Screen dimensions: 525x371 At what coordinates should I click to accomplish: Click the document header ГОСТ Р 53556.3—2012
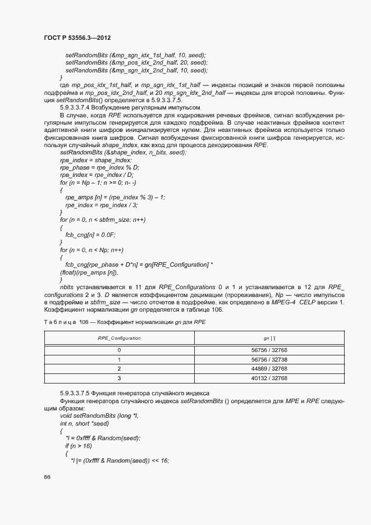click(x=77, y=38)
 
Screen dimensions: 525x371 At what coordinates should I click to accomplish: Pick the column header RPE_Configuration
click(x=119, y=338)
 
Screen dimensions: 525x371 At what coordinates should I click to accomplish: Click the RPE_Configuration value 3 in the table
click(x=119, y=378)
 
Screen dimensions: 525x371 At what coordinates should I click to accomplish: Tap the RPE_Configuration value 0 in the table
click(x=119, y=349)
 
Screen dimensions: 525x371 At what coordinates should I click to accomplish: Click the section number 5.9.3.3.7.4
click(x=77, y=107)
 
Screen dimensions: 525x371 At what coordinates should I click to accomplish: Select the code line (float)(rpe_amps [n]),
click(x=89, y=272)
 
